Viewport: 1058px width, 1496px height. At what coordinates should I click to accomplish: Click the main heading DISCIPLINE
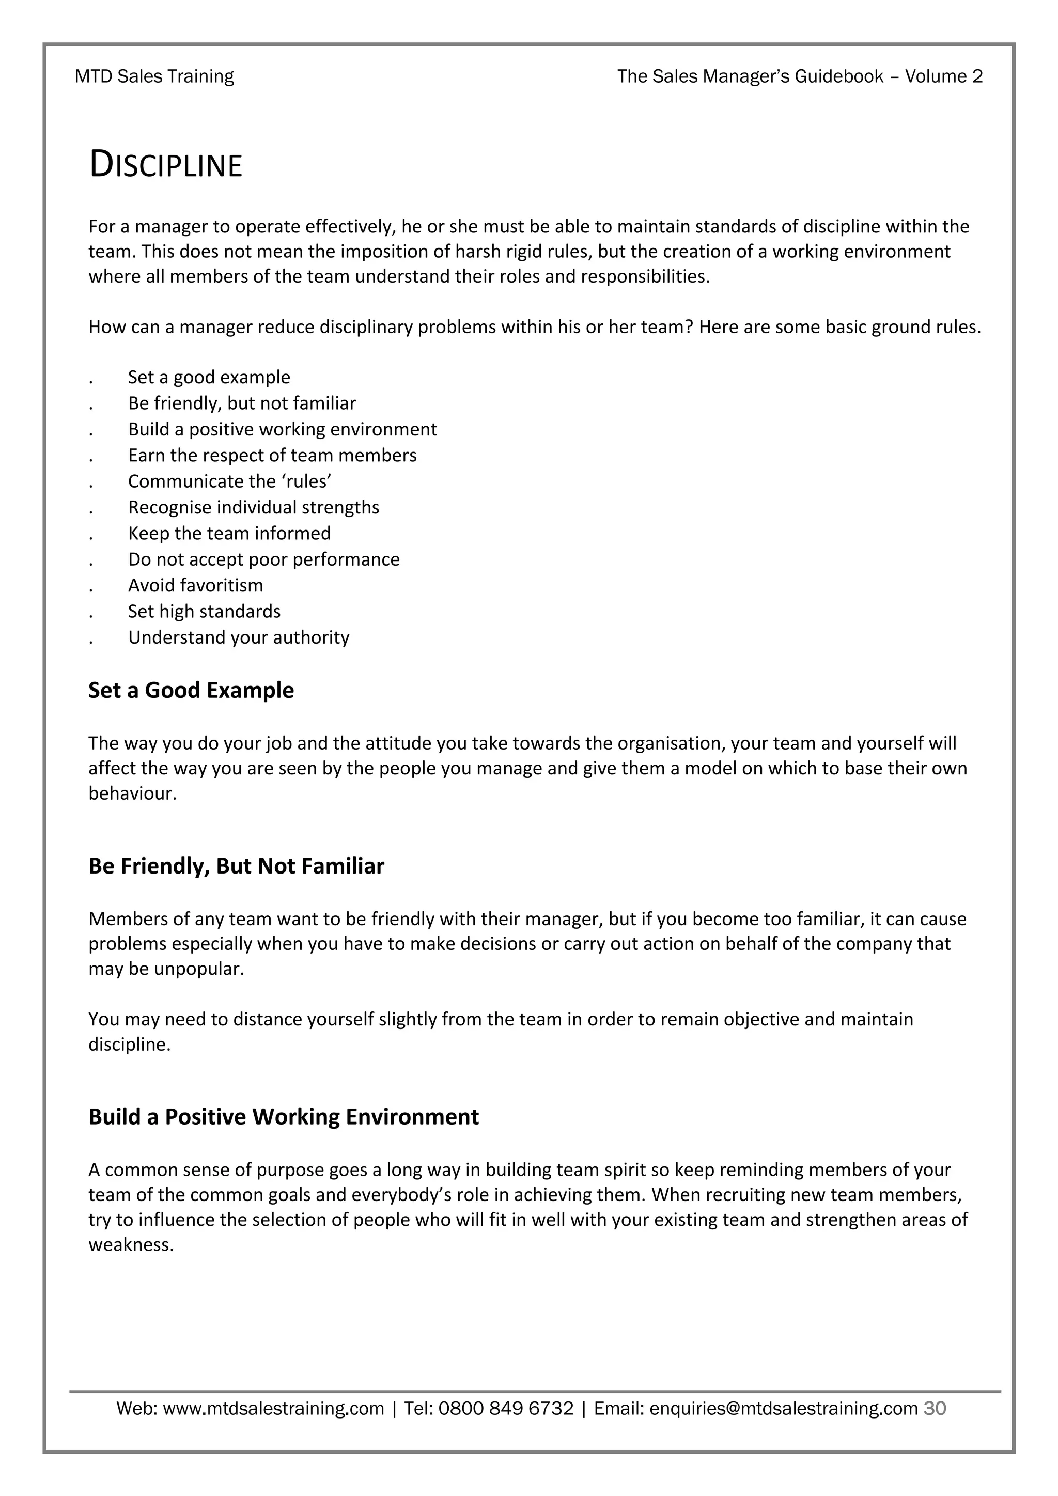pos(165,164)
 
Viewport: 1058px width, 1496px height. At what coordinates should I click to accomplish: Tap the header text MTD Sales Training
pos(154,77)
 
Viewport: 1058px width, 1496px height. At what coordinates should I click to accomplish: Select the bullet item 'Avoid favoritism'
pos(195,585)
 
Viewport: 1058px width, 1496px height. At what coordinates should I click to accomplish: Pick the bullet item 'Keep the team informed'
pos(229,533)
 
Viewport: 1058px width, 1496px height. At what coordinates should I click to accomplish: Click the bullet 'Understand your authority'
pos(239,637)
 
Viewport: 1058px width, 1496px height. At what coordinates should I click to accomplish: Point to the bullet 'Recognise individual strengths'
pos(254,507)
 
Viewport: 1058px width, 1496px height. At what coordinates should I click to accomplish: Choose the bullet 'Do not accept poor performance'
pos(264,559)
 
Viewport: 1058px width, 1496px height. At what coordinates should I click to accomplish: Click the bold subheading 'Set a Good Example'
pos(191,690)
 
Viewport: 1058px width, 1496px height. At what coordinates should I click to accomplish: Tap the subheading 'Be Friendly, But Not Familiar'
pos(236,866)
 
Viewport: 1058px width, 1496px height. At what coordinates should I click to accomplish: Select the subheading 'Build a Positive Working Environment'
pos(284,1117)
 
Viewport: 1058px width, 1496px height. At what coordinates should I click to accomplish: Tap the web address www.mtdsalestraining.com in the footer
pos(273,1409)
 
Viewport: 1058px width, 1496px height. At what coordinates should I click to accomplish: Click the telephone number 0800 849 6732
pos(506,1409)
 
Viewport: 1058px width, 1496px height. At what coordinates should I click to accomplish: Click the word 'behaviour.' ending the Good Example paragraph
pos(132,793)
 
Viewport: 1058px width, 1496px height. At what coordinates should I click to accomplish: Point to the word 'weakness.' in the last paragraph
pos(131,1245)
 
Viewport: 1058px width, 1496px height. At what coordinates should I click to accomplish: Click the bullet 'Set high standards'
pos(204,611)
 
